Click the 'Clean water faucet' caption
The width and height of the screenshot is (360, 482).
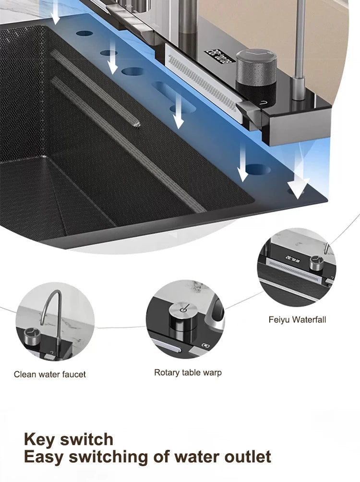pyautogui.click(x=49, y=374)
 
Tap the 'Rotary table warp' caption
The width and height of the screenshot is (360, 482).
pyautogui.click(x=188, y=372)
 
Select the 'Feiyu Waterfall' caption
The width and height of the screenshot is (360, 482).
pyautogui.click(x=297, y=319)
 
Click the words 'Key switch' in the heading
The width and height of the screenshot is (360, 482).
pyautogui.click(x=69, y=439)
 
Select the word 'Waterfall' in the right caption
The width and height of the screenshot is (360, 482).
pyautogui.click(x=309, y=319)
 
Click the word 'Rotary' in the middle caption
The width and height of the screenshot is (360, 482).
pyautogui.click(x=166, y=372)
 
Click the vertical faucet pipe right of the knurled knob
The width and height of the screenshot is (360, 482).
pyautogui.click(x=300, y=43)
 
